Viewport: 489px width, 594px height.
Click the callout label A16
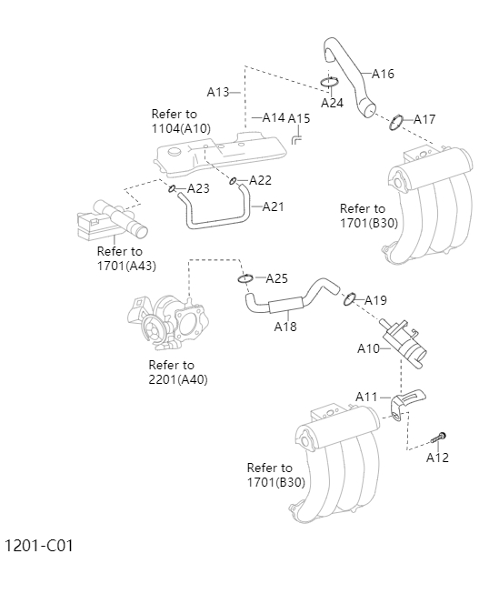click(383, 74)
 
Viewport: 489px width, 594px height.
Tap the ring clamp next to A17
click(396, 122)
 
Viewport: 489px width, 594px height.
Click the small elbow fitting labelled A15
click(296, 137)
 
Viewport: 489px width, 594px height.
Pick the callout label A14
click(274, 117)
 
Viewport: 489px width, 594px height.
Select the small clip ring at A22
click(234, 180)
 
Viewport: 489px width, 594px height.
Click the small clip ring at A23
click(170, 188)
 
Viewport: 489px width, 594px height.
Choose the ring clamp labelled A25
click(245, 278)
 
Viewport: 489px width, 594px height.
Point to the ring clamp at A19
click(349, 298)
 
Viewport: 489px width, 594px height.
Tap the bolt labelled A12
click(440, 438)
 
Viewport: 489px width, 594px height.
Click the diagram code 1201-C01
click(39, 546)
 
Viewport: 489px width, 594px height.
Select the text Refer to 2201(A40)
click(177, 372)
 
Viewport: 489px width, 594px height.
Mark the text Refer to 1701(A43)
click(126, 258)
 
